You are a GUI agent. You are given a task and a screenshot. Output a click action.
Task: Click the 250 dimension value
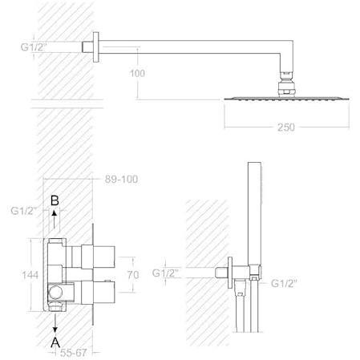[286, 127]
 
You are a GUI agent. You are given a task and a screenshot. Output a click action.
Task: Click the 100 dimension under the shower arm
[137, 73]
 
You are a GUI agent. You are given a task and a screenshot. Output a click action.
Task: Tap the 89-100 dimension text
[121, 179]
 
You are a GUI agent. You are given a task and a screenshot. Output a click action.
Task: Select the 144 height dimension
[30, 275]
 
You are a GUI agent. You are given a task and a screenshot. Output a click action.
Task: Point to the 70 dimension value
[133, 275]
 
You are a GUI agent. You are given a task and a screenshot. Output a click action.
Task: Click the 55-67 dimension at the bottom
[73, 353]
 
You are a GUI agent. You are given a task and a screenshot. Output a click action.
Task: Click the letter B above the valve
[55, 200]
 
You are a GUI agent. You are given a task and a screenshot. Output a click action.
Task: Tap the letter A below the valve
[55, 342]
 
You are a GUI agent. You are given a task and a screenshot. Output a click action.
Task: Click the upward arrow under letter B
[55, 219]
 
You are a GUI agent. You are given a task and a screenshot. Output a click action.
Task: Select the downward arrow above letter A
[55, 323]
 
